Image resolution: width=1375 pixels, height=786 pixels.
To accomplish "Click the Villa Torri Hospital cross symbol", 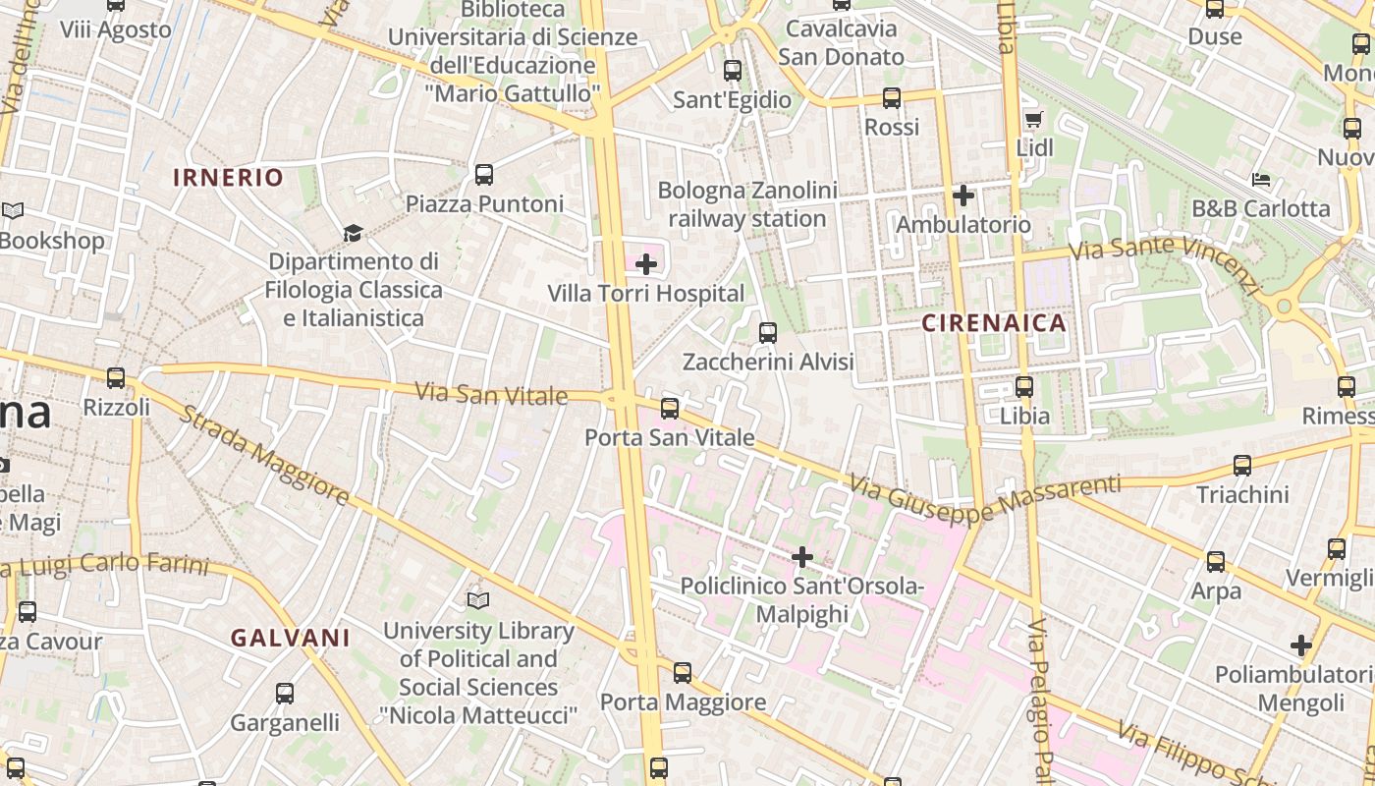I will [x=646, y=263].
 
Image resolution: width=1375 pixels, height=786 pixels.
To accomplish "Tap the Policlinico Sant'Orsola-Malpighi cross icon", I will [x=802, y=557].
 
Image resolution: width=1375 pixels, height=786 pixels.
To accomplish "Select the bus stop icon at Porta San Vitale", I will [x=670, y=408].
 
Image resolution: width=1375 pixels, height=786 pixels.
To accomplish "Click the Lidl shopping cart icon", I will [x=1033, y=120].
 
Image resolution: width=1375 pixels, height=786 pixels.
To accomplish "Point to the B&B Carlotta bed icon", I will [x=1261, y=180].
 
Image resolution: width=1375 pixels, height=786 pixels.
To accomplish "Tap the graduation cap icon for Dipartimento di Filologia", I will [x=353, y=233].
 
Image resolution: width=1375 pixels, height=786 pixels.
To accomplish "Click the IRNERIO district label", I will [x=228, y=178].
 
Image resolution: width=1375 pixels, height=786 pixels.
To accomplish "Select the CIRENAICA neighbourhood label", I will [x=994, y=323].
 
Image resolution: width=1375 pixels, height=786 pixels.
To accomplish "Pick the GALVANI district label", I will [x=291, y=638].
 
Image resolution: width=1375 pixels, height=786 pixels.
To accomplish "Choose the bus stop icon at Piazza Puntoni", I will [x=484, y=175].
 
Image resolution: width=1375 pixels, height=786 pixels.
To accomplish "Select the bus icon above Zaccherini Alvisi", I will [x=768, y=333].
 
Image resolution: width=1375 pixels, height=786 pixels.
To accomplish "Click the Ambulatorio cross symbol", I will [x=963, y=196].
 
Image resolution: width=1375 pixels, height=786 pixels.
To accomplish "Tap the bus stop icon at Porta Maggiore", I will [x=683, y=673].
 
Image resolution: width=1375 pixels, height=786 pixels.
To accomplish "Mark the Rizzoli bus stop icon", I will [x=116, y=378].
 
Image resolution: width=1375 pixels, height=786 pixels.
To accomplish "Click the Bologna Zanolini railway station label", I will [x=747, y=204].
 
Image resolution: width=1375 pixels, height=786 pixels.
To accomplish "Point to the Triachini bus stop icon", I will [x=1242, y=466].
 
